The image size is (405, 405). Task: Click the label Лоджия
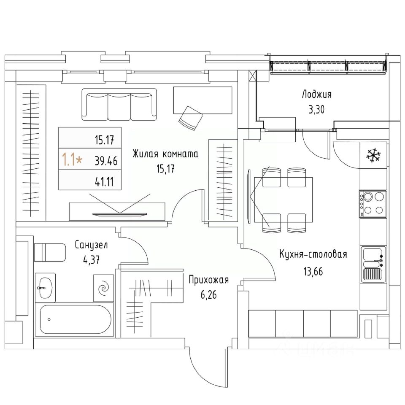[316, 94]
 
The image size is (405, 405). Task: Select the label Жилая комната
[165, 154]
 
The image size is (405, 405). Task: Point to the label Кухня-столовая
[313, 254]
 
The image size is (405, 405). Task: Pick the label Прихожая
[208, 279]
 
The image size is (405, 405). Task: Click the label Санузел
[92, 244]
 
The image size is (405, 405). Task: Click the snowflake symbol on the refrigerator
[373, 154]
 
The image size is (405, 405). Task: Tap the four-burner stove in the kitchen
[373, 203]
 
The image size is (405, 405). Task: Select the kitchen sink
[373, 265]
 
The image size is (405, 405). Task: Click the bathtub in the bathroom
[76, 320]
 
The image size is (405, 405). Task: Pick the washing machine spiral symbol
[104, 288]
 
